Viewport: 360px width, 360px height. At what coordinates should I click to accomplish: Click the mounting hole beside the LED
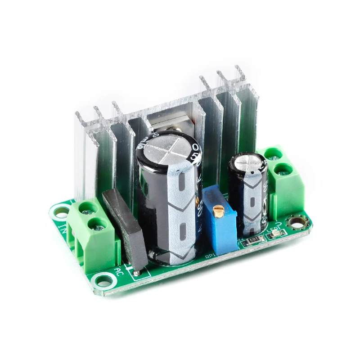coord(298,220)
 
